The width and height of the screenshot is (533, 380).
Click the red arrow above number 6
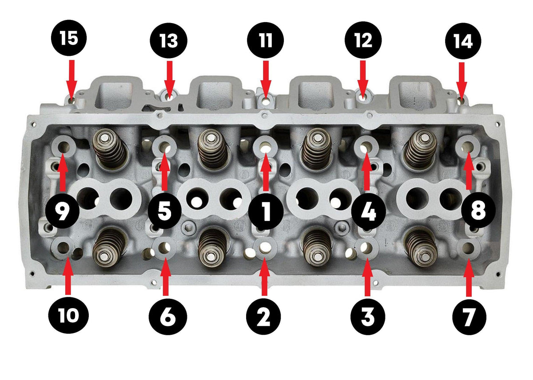(166, 277)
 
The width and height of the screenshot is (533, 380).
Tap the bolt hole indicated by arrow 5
(165, 145)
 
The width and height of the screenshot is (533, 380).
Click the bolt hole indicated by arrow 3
(367, 247)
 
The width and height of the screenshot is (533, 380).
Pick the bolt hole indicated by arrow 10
(63, 247)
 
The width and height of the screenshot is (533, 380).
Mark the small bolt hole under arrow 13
(168, 95)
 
